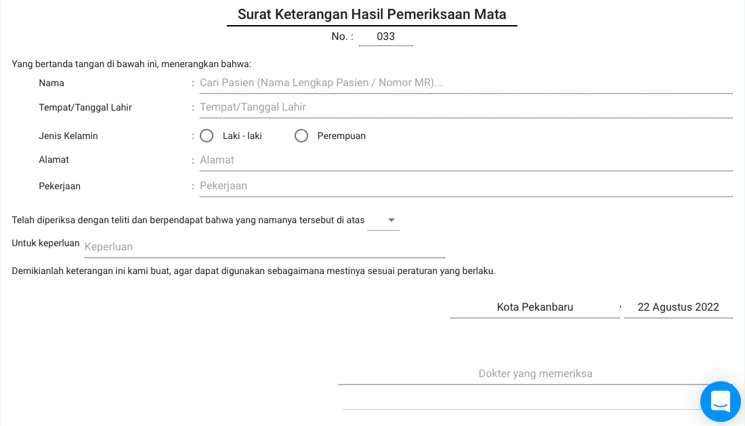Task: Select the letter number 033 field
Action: tap(385, 37)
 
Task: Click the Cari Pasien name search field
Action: tap(465, 83)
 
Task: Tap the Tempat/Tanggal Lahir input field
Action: tap(465, 107)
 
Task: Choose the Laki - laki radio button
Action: tap(207, 136)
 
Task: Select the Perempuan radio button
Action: tap(301, 136)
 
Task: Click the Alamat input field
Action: tap(465, 160)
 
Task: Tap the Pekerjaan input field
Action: tap(465, 186)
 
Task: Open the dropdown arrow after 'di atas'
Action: tap(391, 220)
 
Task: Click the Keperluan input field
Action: tap(264, 247)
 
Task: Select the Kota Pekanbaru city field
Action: tap(534, 307)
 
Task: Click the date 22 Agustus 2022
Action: tap(678, 307)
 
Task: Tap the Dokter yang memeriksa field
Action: tap(535, 374)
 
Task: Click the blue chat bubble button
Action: tap(720, 401)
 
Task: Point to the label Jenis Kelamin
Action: tap(68, 136)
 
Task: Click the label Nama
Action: tap(51, 83)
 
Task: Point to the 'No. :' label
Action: tap(342, 37)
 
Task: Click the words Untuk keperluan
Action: tap(45, 243)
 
